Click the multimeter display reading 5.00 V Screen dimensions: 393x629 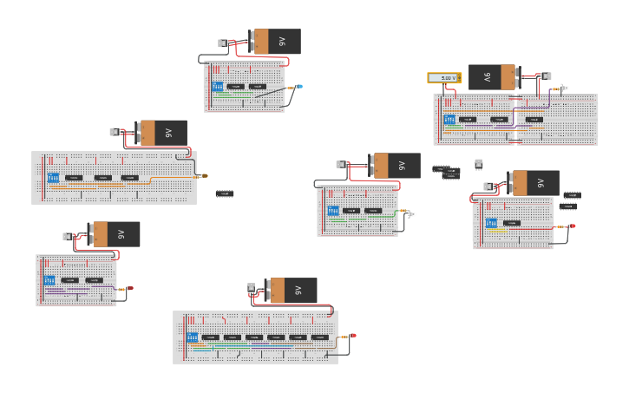coord(444,78)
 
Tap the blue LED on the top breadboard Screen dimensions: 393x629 coord(300,86)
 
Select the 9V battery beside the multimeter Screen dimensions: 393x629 coord(493,77)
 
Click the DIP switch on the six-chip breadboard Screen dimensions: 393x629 coord(192,337)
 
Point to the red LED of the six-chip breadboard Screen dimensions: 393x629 coord(352,335)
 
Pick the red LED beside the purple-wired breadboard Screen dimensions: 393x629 coord(130,288)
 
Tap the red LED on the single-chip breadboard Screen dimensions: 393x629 coord(572,226)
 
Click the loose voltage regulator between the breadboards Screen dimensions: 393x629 coord(478,163)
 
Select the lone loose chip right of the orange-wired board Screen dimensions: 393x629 coord(225,193)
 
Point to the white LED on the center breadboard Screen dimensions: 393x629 coord(412,213)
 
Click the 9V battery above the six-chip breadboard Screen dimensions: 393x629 coord(291,290)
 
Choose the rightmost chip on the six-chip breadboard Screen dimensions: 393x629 coord(319,337)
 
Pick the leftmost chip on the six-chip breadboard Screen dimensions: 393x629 coord(210,337)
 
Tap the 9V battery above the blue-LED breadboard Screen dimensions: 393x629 coord(275,41)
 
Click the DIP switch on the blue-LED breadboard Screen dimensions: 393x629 coord(218,86)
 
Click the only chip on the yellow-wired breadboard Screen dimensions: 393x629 coord(512,223)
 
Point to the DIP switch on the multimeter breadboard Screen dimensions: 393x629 coord(449,119)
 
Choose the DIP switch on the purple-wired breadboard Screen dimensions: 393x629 coord(49,280)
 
